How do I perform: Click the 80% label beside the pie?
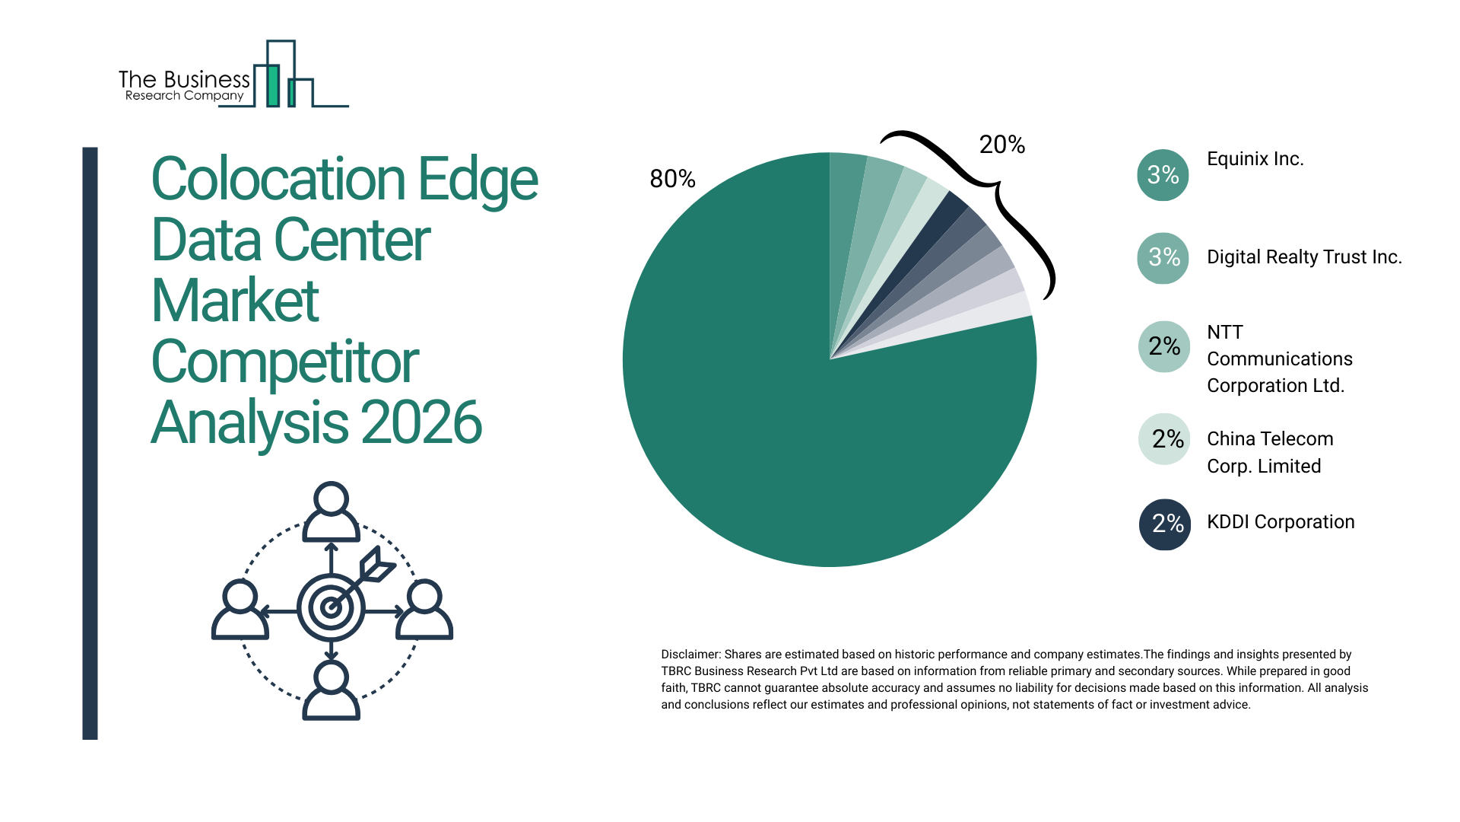[x=672, y=179]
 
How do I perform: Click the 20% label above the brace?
[x=1001, y=145]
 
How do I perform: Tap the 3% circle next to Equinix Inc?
[x=1163, y=175]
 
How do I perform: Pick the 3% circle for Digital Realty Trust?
[x=1163, y=258]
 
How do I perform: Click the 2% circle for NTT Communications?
[x=1164, y=347]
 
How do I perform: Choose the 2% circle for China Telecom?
[x=1164, y=439]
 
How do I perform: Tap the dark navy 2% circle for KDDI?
[x=1165, y=524]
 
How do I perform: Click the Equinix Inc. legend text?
[x=1255, y=159]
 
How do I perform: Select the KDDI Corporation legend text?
[x=1281, y=522]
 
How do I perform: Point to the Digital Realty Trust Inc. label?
[x=1304, y=257]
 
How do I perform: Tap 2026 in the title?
[x=421, y=423]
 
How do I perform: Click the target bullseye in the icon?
[x=331, y=607]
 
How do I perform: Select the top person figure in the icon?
[x=331, y=511]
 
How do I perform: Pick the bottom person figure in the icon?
[x=331, y=690]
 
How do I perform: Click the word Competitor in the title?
[x=285, y=362]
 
